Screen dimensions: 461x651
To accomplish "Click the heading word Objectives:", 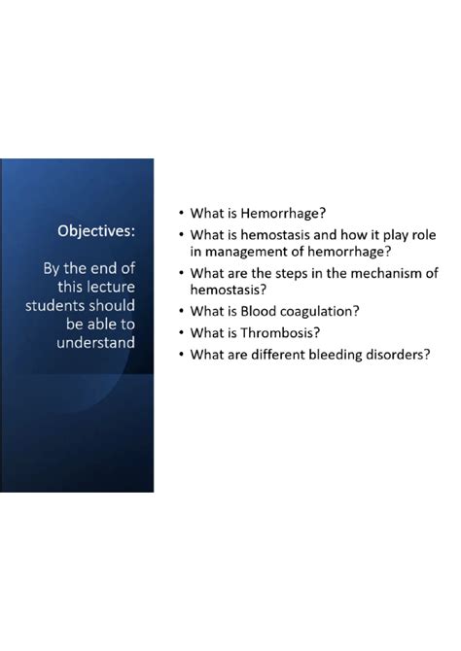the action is click(x=96, y=231).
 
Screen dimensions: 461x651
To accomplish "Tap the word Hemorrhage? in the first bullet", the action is click(x=283, y=214).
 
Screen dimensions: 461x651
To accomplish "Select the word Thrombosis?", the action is click(x=280, y=332).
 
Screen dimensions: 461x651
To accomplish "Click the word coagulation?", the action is click(x=319, y=311).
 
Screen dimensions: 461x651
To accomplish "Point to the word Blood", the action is click(x=258, y=311).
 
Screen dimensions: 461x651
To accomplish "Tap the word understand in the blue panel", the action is click(x=95, y=343).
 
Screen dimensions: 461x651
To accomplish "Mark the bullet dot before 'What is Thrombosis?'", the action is click(x=181, y=332).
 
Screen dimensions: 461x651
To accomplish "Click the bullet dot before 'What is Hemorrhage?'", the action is click(x=181, y=213).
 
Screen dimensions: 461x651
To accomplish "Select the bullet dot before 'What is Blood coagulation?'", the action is click(x=181, y=311).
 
